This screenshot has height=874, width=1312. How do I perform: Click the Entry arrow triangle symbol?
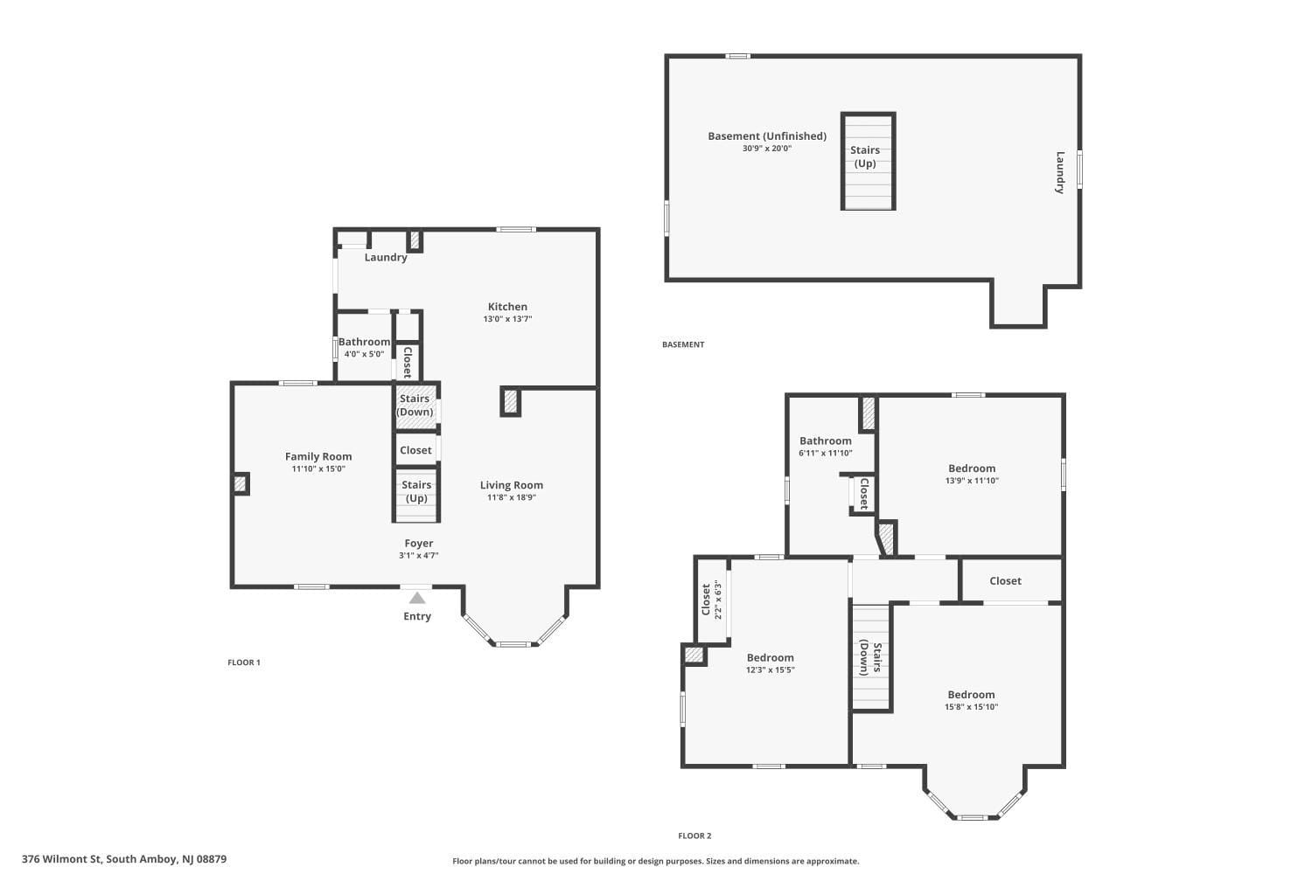pyautogui.click(x=417, y=598)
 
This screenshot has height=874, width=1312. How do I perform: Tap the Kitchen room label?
pyautogui.click(x=507, y=307)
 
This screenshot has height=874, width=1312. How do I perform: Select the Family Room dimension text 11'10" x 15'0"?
pyautogui.click(x=318, y=469)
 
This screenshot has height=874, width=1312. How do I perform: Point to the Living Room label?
pyautogui.click(x=511, y=485)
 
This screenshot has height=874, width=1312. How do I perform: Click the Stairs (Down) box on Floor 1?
pyautogui.click(x=415, y=406)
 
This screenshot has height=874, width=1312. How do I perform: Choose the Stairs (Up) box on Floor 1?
pyautogui.click(x=416, y=493)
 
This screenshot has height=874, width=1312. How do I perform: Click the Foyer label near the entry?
pyautogui.click(x=418, y=544)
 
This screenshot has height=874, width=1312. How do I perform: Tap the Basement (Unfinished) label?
pyautogui.click(x=766, y=136)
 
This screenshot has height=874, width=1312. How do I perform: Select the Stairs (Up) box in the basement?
pyautogui.click(x=867, y=161)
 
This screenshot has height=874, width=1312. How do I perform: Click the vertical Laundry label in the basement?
pyautogui.click(x=1059, y=172)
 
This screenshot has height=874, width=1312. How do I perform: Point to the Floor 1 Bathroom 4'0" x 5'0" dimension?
pyautogui.click(x=364, y=354)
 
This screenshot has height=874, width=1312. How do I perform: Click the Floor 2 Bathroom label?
pyautogui.click(x=825, y=441)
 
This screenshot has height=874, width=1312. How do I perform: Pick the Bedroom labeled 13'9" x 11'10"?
pyautogui.click(x=971, y=468)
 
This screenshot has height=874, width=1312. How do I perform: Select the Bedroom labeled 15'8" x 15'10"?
pyautogui.click(x=971, y=695)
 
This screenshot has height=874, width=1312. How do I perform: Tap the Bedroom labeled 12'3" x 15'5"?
pyautogui.click(x=770, y=658)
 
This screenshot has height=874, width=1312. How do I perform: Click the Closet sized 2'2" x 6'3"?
pyautogui.click(x=711, y=600)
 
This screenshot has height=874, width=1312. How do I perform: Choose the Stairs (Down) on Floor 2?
pyautogui.click(x=870, y=657)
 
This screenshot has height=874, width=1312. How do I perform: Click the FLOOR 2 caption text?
pyautogui.click(x=694, y=836)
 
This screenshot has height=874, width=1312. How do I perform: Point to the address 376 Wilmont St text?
pyautogui.click(x=124, y=859)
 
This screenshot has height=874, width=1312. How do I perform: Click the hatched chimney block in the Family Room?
pyautogui.click(x=241, y=483)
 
